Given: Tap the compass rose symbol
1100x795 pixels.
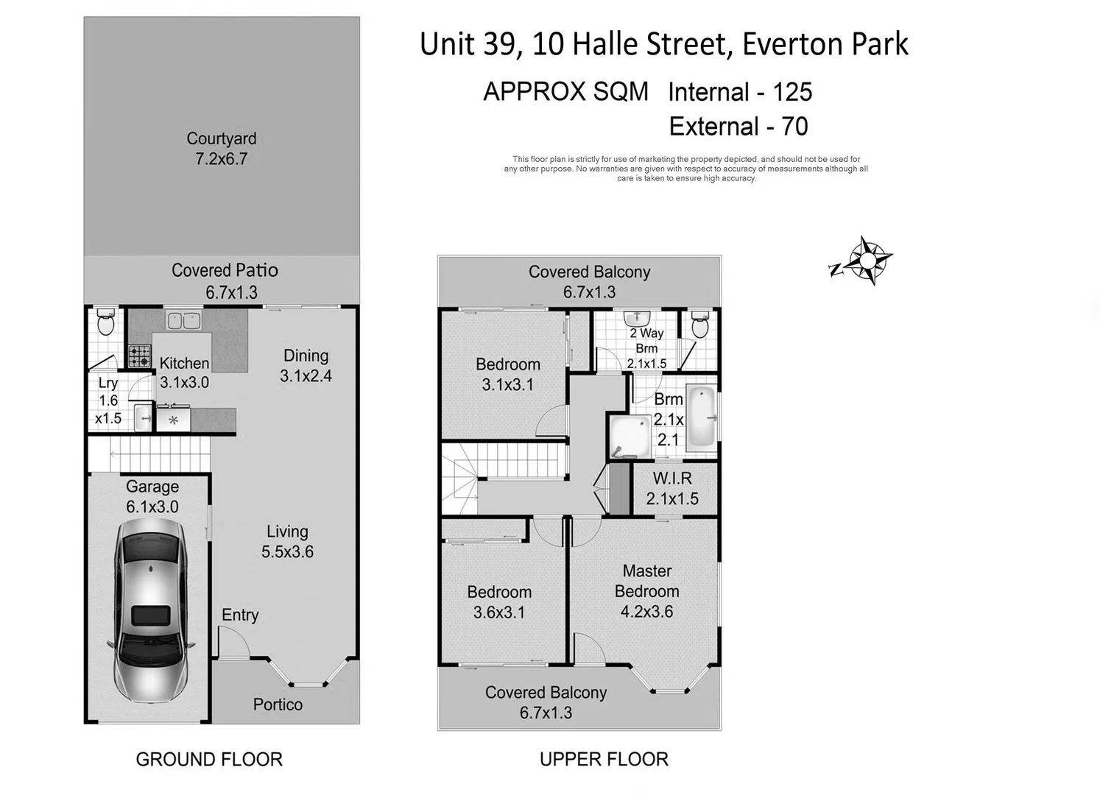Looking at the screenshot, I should pyautogui.click(x=867, y=261).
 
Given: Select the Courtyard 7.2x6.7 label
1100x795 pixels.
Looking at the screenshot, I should pyautogui.click(x=221, y=149).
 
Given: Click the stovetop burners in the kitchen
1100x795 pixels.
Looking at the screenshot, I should pyautogui.click(x=139, y=356).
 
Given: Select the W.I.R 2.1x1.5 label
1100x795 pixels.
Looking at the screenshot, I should pyautogui.click(x=671, y=489).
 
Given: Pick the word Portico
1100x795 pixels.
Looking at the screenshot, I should pyautogui.click(x=278, y=704).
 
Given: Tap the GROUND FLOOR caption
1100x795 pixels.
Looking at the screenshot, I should pyautogui.click(x=209, y=760).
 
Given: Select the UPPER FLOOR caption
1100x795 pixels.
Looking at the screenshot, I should pyautogui.click(x=604, y=760).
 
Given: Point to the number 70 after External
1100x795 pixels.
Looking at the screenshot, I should pyautogui.click(x=794, y=127).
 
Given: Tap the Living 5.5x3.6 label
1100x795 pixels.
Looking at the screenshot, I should pyautogui.click(x=287, y=542).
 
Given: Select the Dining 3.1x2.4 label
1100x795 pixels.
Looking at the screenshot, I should pyautogui.click(x=306, y=366).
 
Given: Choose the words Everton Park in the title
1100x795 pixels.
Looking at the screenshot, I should pyautogui.click(x=825, y=44).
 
